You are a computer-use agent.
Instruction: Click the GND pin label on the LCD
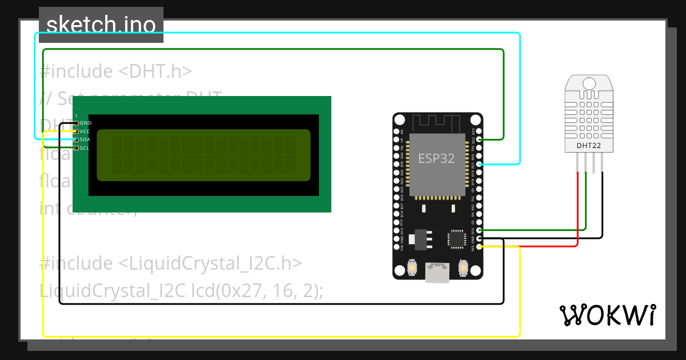(86, 123)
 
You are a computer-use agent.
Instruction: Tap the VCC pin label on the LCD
(85, 131)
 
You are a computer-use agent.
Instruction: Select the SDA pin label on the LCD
(85, 139)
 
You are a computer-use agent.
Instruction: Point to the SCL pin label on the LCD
(85, 148)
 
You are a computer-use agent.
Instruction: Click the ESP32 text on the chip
(436, 158)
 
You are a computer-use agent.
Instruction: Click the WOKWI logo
(607, 315)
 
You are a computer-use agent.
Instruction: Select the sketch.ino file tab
(101, 25)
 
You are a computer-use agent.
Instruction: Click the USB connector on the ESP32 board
(437, 274)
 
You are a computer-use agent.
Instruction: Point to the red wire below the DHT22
(578, 206)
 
